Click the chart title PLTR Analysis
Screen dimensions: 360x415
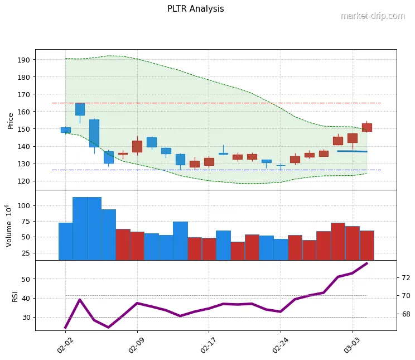click(195, 9)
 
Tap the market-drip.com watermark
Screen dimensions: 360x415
click(372, 16)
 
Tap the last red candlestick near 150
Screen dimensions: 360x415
click(366, 127)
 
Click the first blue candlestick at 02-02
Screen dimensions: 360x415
click(65, 130)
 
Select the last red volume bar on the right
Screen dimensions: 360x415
click(366, 245)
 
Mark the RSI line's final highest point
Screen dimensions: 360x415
click(366, 263)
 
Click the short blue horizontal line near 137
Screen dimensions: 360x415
click(352, 151)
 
